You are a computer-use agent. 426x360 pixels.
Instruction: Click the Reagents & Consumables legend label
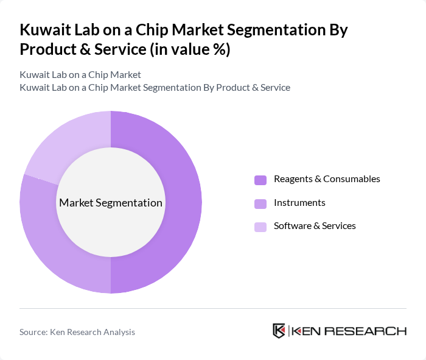coord(327,179)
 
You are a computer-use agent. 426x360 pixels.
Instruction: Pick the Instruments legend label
coord(299,202)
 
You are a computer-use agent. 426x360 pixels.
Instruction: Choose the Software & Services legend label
coord(315,226)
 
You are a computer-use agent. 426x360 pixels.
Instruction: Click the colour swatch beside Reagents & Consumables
coord(260,180)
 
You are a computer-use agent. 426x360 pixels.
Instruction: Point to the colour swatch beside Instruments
coord(260,203)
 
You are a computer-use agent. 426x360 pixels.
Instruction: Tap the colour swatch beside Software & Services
coord(260,227)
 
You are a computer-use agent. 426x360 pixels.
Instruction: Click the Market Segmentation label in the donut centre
coord(111,202)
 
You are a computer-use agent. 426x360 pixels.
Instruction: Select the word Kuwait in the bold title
coord(46,30)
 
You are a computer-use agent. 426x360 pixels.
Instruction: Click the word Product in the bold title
coord(47,49)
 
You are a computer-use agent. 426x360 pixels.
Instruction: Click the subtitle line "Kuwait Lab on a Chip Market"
coord(80,74)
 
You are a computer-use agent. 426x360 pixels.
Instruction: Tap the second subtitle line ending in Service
coord(155,87)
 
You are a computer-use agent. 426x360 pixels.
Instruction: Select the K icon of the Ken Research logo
coord(279,331)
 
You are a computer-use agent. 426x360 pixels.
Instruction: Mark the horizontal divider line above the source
coord(213,308)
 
